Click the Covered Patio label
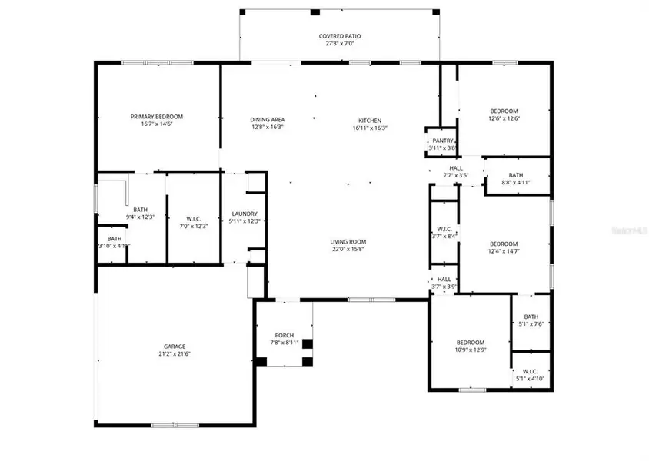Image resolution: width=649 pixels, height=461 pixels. [x=340, y=36]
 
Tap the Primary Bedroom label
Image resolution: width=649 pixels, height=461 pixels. [x=156, y=116]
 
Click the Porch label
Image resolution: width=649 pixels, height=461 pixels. [x=285, y=335]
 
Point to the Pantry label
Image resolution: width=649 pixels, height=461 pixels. [x=442, y=141]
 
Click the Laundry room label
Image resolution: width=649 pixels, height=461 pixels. [x=245, y=214]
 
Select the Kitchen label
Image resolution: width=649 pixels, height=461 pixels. [x=369, y=120]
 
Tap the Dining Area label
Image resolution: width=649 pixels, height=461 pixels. [x=268, y=120]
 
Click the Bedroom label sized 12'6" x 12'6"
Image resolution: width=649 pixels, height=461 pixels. [x=504, y=111]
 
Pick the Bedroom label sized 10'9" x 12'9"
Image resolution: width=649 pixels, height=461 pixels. [x=470, y=343]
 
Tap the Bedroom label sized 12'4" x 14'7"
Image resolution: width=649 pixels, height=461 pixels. [x=503, y=243]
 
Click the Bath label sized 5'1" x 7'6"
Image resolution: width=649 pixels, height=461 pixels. [x=531, y=317]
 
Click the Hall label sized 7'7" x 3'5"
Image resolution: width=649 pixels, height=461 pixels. [x=456, y=168]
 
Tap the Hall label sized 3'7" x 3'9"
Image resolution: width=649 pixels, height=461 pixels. [x=444, y=280]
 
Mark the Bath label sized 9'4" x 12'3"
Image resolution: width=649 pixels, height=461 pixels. [x=140, y=209]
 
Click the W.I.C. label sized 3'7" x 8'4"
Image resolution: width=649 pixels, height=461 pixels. [x=444, y=228]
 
